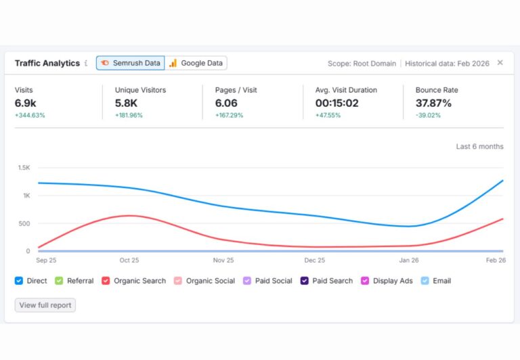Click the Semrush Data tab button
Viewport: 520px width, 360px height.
tap(130, 63)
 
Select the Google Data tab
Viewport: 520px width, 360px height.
tap(196, 63)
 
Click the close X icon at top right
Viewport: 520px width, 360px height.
tap(500, 63)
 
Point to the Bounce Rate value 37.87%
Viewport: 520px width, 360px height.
tap(433, 103)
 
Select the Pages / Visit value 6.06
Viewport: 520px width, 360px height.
tap(226, 103)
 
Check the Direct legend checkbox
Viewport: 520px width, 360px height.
tap(19, 281)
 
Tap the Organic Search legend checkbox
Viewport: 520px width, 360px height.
tap(106, 281)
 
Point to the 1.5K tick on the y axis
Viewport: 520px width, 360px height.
tap(24, 168)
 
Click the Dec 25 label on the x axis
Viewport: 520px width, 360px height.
tap(314, 261)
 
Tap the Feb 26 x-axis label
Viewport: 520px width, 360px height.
tap(496, 261)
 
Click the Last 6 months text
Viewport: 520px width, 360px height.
tap(479, 147)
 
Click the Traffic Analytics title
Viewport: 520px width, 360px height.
tap(47, 63)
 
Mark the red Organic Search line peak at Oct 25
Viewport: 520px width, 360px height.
tap(129, 216)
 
